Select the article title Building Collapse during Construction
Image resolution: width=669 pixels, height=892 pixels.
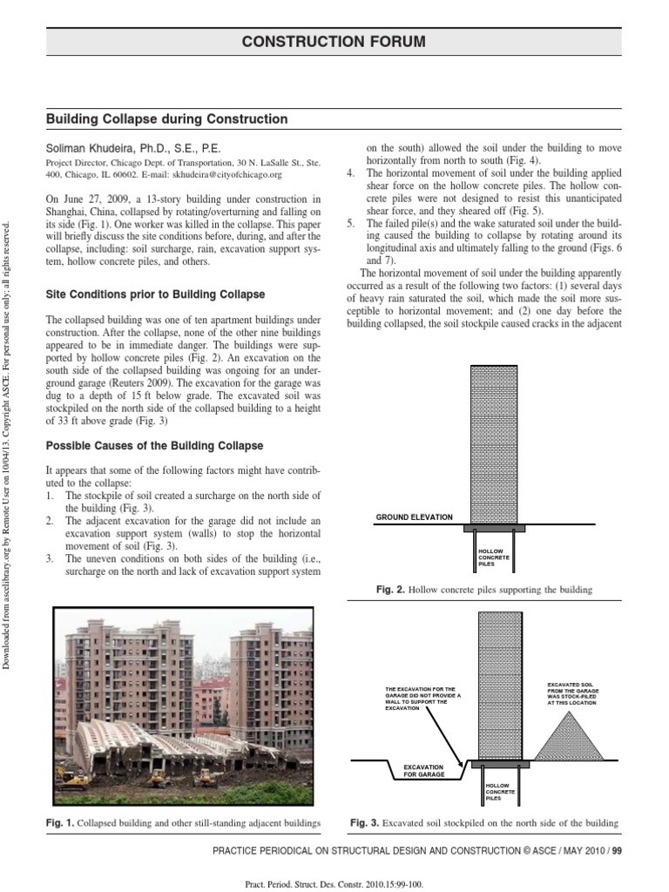pos(166,118)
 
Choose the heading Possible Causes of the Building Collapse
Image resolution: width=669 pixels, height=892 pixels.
pos(154,446)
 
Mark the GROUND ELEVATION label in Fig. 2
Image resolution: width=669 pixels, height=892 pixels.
pos(414,517)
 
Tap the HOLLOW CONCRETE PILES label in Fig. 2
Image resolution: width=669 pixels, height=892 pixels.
pos(493,557)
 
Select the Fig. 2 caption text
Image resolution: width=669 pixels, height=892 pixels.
pos(483,590)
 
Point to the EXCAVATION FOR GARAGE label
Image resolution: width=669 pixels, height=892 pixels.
pos(423,770)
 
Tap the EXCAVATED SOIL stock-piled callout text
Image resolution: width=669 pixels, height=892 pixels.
pos(571,693)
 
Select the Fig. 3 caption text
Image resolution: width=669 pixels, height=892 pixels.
pos(483,822)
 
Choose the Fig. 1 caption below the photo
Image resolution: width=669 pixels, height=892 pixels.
pos(184,822)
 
